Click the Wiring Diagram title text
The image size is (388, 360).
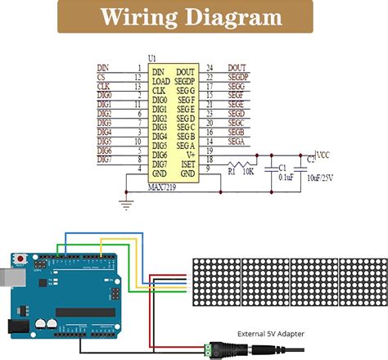pyautogui.click(x=194, y=17)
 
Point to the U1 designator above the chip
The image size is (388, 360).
pyautogui.click(x=151, y=59)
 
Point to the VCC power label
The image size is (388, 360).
pyautogui.click(x=324, y=153)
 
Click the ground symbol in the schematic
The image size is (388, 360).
pyautogui.click(x=125, y=201)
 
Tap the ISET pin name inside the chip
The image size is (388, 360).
pyautogui.click(x=187, y=163)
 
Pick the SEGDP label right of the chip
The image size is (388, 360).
pyautogui.click(x=238, y=78)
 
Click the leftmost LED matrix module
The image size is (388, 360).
pyautogui.click(x=216, y=281)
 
